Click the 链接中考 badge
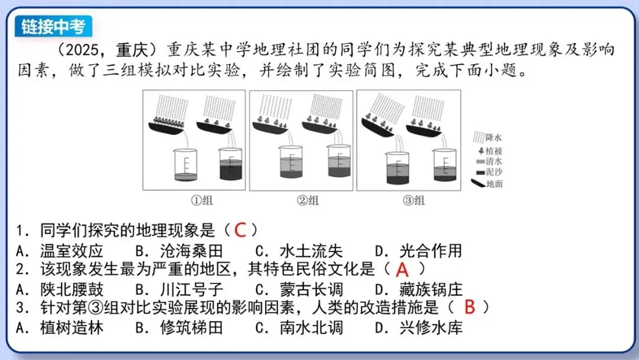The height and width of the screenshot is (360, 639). click(53, 27)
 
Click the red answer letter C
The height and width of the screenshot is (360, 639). click(240, 229)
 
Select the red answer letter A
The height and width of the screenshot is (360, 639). click(402, 270)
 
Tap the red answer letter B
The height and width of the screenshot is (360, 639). click(470, 307)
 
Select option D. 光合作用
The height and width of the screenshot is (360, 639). click(418, 250)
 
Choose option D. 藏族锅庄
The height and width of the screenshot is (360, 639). click(418, 290)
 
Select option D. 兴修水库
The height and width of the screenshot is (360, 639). click(418, 327)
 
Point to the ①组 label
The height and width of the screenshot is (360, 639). click(201, 200)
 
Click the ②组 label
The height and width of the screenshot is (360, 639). click(308, 200)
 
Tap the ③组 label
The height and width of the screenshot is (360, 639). click(414, 200)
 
